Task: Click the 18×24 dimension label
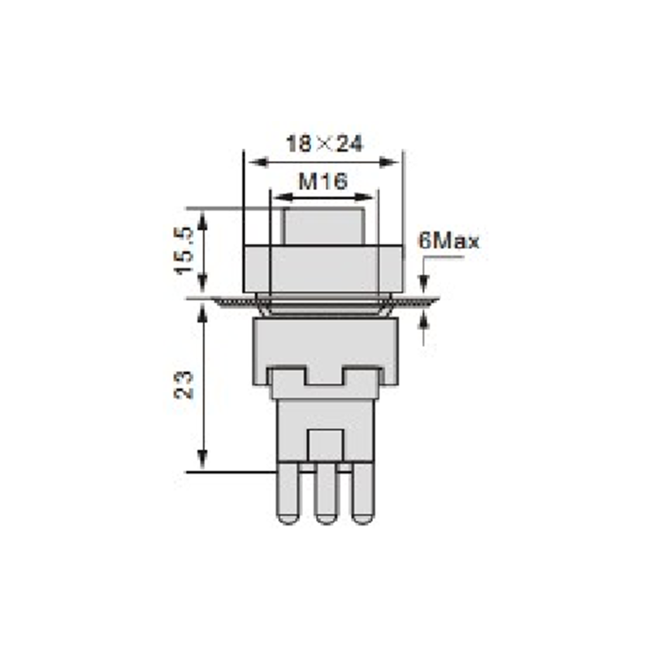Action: [x=324, y=144]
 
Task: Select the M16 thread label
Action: [x=323, y=181]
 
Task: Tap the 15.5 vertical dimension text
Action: [x=184, y=251]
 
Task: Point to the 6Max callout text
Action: [x=449, y=240]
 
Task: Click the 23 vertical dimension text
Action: [x=184, y=384]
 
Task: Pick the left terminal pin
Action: [x=288, y=493]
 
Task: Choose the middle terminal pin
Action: [x=326, y=493]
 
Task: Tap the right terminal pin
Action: [x=362, y=493]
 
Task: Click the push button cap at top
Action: [x=324, y=227]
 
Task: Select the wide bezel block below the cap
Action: [x=323, y=269]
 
